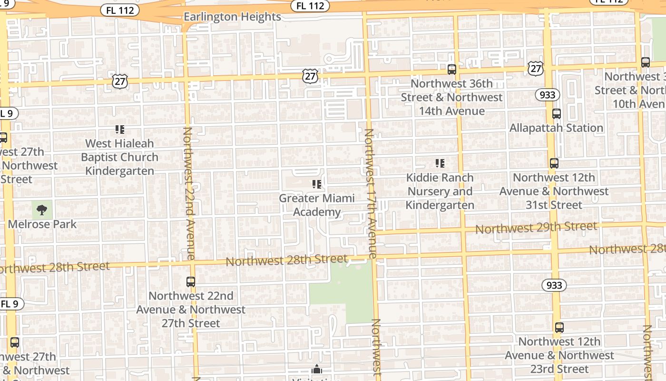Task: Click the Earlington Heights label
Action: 232,17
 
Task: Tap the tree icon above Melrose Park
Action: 42,210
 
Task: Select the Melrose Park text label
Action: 42,224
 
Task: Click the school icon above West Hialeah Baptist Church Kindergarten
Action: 119,129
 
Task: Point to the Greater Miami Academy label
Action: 317,205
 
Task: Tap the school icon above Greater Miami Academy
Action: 317,184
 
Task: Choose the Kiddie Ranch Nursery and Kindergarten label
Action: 440,191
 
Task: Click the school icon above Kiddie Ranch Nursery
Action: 440,163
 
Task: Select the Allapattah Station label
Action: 556,128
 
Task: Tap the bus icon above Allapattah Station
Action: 556,114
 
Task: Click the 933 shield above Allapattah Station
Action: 548,95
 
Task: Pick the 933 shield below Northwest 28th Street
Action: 554,285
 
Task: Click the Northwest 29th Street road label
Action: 536,228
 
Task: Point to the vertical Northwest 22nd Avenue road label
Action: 189,193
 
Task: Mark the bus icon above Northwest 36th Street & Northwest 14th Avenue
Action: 452,70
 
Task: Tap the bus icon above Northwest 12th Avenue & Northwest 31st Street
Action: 554,163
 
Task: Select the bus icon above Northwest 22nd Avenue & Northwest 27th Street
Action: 191,281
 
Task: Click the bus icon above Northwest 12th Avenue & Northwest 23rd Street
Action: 559,328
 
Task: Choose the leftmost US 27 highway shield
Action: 120,81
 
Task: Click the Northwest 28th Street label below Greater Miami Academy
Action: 286,260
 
